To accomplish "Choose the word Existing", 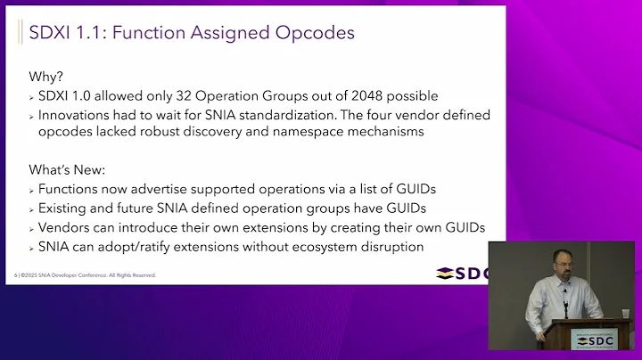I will click(x=67, y=209).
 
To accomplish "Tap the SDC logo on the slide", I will click(x=462, y=273).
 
